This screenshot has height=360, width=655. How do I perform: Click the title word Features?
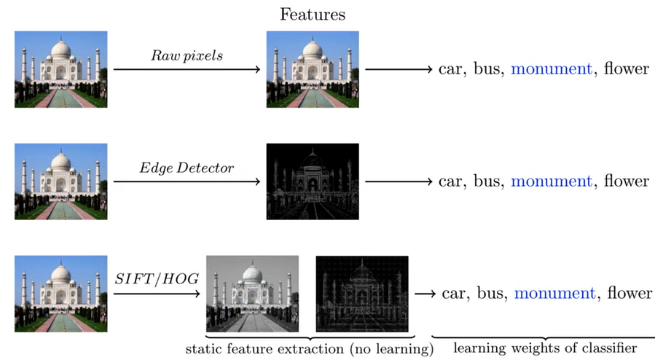click(x=313, y=14)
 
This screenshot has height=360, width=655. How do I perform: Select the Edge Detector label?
click(x=187, y=168)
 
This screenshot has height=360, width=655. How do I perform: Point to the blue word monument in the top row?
click(x=552, y=69)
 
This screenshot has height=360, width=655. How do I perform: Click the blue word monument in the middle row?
click(x=552, y=181)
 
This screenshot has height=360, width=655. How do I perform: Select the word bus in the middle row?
click(x=488, y=181)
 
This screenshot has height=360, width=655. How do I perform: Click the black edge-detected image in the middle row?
click(x=313, y=181)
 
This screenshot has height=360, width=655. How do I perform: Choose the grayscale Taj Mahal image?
click(x=253, y=293)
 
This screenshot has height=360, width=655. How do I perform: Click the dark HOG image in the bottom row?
click(x=362, y=293)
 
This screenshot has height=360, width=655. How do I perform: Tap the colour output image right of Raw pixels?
click(x=313, y=69)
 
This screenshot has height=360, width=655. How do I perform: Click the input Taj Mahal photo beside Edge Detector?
click(x=61, y=181)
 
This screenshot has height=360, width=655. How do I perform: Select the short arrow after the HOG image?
click(x=425, y=293)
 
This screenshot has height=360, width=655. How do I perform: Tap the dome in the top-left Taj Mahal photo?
click(x=61, y=51)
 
